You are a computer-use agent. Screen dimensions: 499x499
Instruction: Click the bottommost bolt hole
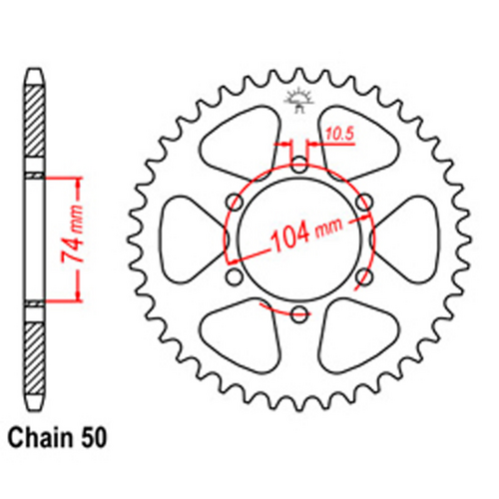(298, 314)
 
